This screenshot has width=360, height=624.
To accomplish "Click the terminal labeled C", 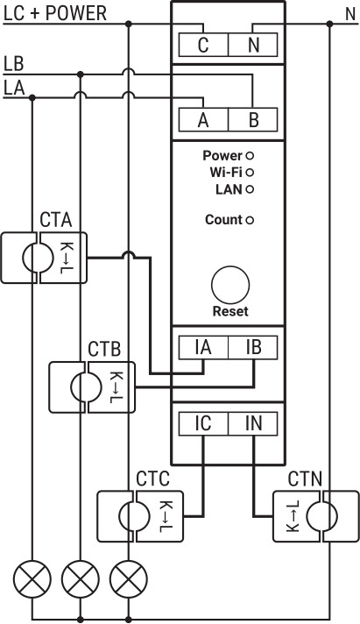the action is (x=203, y=45).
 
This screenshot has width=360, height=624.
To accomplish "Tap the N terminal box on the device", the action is (x=253, y=45).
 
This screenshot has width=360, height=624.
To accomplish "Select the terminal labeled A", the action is (x=203, y=120).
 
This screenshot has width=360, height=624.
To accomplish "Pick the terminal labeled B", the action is (x=253, y=120).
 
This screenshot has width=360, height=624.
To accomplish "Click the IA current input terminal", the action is (x=203, y=348).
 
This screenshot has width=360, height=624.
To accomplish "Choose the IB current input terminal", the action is (x=253, y=348).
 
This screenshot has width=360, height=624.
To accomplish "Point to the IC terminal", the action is (x=203, y=423).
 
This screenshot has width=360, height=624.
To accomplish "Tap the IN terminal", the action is (x=253, y=423).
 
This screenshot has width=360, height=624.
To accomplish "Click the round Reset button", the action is (x=230, y=285).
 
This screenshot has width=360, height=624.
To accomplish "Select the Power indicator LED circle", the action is (x=250, y=156).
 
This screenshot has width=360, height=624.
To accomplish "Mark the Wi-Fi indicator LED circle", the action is (x=250, y=173).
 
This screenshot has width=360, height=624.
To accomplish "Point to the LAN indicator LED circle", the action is (x=250, y=189).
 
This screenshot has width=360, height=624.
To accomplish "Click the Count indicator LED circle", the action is (x=250, y=220).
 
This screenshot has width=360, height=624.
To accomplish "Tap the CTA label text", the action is (x=56, y=220).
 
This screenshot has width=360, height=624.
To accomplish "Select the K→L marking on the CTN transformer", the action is (x=293, y=516).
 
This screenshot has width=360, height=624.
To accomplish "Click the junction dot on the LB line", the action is (x=81, y=74).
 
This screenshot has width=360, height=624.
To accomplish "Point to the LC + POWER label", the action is (x=55, y=13).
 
